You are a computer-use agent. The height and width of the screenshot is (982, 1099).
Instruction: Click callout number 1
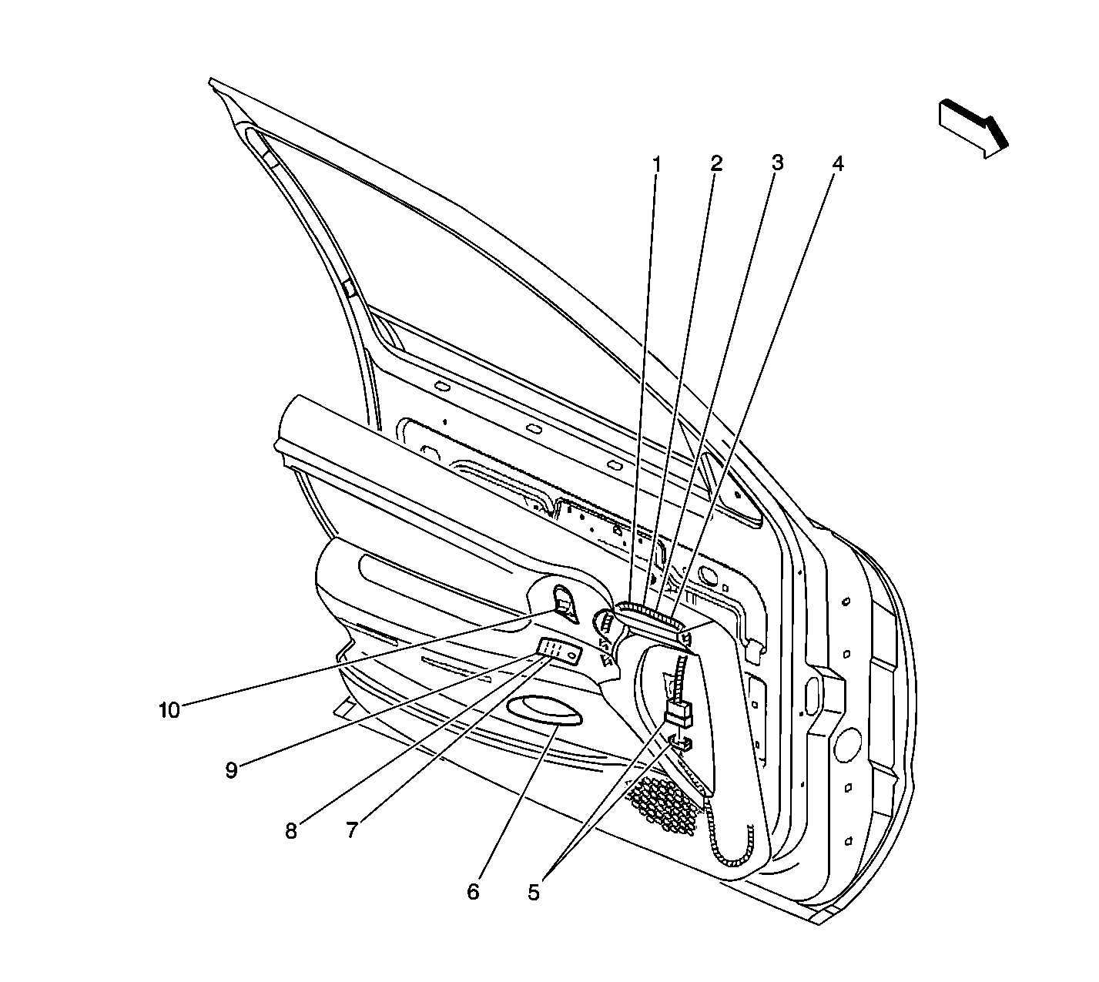657,163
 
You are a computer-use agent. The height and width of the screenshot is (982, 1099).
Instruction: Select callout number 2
716,163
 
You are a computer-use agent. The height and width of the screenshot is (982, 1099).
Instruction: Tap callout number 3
777,163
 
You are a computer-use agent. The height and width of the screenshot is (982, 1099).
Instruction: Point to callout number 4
838,163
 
